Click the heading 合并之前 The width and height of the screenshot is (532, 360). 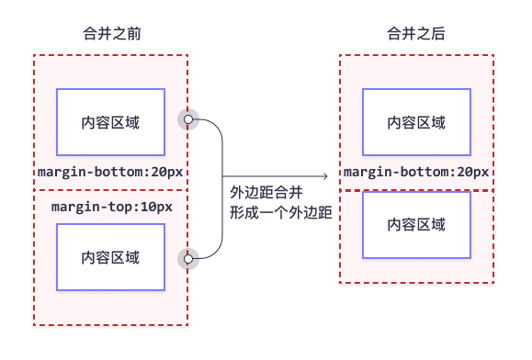coord(111,34)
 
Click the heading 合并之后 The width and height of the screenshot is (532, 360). coord(417,34)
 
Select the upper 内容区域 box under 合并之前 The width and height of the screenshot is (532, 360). coord(110,122)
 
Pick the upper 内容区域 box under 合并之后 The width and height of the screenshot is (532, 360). coord(416,122)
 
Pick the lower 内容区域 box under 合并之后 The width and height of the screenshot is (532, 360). coord(416,225)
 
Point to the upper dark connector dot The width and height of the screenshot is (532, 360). coord(190,119)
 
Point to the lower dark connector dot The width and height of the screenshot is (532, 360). coord(190,259)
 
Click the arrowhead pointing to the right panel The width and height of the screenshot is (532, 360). coord(324,177)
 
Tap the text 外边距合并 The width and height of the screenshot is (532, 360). coord(266,193)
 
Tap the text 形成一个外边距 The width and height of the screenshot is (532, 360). coord(279,213)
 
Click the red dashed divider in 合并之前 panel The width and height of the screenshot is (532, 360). coord(110,190)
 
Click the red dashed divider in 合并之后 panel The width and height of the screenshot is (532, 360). coord(416,190)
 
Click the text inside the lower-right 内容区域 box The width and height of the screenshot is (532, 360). coord(416,225)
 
